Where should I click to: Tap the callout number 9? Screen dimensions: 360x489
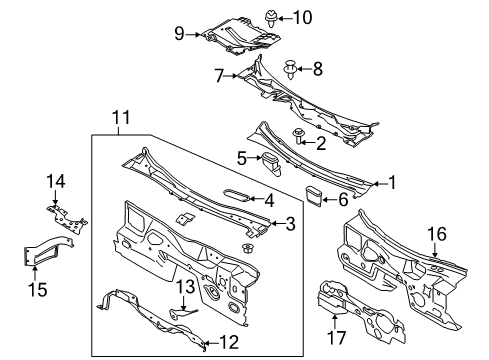pyautogui.click(x=180, y=34)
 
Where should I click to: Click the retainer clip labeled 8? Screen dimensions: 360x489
pyautogui.click(x=289, y=69)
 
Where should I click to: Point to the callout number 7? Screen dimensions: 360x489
pyautogui.click(x=218, y=73)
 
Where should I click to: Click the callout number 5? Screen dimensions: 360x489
pyautogui.click(x=242, y=156)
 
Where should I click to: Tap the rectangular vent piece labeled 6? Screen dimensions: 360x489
pyautogui.click(x=314, y=194)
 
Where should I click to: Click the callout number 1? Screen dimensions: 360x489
pyautogui.click(x=392, y=183)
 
